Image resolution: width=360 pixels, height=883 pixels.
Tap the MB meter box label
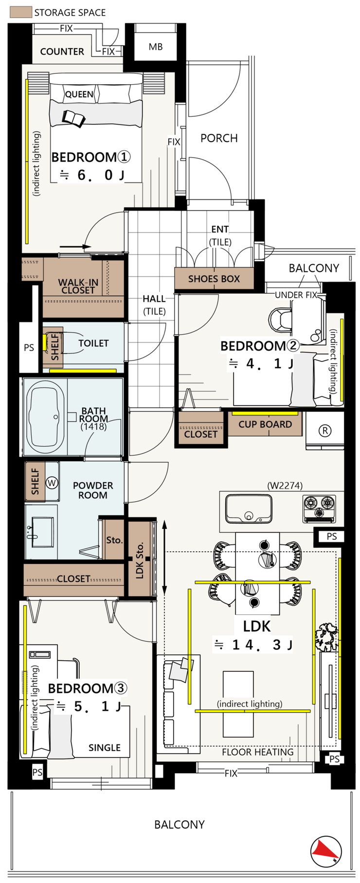click(x=156, y=47)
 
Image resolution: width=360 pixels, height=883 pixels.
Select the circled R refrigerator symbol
click(x=325, y=431)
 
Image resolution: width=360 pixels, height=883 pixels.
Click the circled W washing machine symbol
click(x=52, y=483)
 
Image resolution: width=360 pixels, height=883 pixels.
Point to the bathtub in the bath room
click(x=46, y=417)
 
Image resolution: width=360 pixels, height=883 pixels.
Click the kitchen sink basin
click(x=249, y=509)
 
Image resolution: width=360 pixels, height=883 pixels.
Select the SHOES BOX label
click(x=214, y=279)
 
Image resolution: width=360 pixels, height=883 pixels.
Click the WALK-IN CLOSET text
click(x=78, y=286)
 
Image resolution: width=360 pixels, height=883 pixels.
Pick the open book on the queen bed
click(x=73, y=118)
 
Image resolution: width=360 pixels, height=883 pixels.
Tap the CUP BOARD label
click(x=265, y=424)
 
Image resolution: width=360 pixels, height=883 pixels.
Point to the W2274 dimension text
click(x=285, y=485)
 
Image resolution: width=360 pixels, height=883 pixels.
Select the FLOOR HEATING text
click(x=258, y=752)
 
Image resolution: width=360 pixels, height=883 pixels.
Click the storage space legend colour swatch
click(x=21, y=12)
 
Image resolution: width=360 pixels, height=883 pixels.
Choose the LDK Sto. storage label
click(x=140, y=560)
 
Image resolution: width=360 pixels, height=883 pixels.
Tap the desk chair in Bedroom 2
click(x=280, y=320)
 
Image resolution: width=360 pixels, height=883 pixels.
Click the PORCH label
click(x=219, y=138)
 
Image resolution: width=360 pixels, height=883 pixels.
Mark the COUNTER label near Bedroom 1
click(x=62, y=52)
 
